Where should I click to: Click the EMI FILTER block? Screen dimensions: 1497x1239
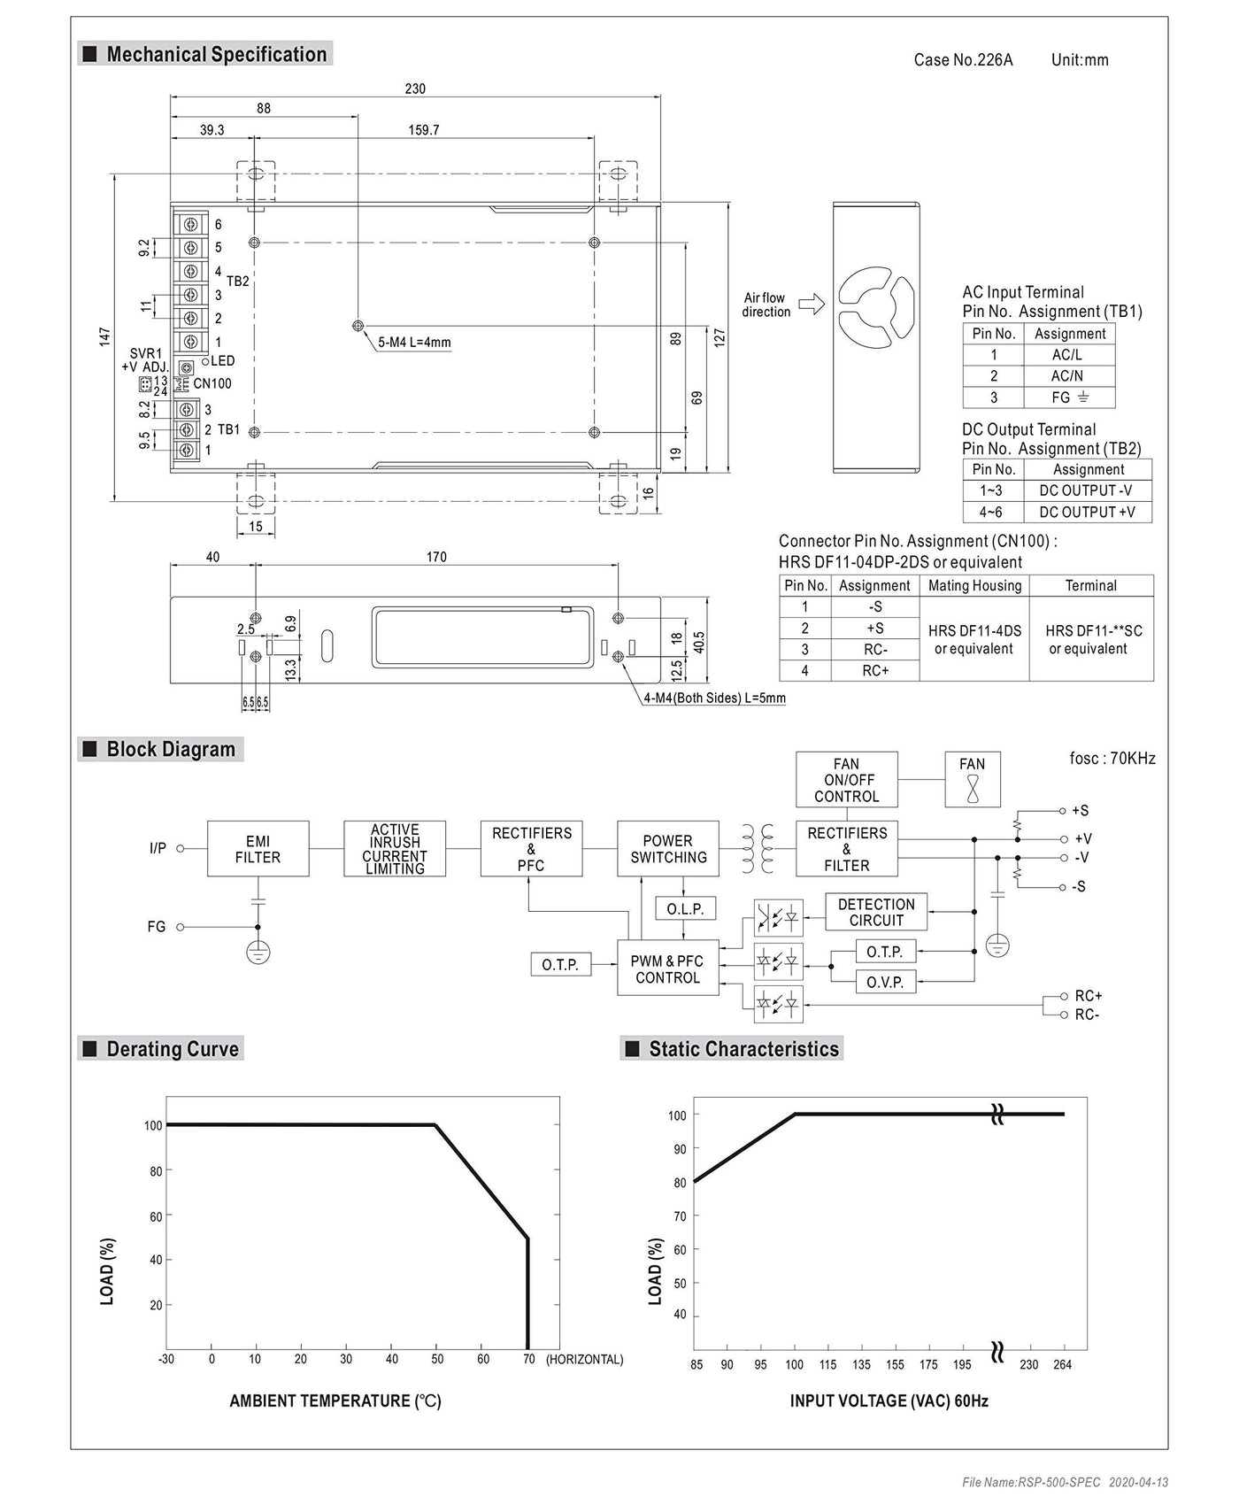(258, 849)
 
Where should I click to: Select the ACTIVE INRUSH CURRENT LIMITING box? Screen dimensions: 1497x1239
(395, 849)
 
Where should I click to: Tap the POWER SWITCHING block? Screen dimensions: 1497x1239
(668, 849)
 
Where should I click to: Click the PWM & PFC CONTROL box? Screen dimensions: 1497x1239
(667, 969)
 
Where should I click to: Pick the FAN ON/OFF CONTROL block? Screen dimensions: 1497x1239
(846, 780)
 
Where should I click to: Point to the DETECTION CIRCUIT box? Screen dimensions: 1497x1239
(876, 912)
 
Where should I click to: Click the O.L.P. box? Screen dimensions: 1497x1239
(685, 909)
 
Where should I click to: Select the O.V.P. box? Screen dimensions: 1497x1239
(885, 982)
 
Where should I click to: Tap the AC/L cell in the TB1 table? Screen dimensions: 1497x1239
(1067, 355)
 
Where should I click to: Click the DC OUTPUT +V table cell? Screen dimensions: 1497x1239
(1087, 512)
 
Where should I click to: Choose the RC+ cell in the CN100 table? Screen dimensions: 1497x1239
(875, 671)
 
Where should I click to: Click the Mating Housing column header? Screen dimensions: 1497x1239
(974, 585)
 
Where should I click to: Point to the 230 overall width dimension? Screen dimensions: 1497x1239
(415, 89)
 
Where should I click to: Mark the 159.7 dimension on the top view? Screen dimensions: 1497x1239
(424, 130)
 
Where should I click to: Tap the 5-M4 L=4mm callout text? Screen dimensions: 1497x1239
(414, 343)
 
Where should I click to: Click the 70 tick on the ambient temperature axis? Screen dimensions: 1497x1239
(528, 1359)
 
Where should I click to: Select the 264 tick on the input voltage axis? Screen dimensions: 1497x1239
(1062, 1364)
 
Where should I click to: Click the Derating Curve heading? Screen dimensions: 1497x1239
(172, 1049)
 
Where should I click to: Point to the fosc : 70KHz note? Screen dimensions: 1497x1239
(1112, 759)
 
